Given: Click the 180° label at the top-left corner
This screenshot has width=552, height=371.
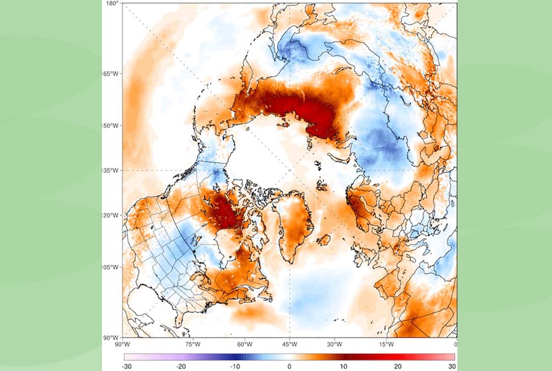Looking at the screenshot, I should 113,3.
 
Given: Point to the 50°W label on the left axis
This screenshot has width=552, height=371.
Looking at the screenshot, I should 113,125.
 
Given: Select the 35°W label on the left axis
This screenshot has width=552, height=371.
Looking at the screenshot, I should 113,171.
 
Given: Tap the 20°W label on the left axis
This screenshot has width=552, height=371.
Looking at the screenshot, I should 113,215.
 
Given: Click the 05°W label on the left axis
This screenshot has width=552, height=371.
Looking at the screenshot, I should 113,267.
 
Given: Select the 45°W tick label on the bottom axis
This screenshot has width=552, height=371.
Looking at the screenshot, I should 289,344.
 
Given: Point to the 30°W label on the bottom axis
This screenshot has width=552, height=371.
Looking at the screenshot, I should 334,344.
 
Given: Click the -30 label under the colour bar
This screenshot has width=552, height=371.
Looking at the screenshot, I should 126,366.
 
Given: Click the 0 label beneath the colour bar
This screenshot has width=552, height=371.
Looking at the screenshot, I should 289,366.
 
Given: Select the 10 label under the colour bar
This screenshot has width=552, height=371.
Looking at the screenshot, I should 343,366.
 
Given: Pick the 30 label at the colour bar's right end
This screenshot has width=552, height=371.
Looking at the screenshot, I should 451,366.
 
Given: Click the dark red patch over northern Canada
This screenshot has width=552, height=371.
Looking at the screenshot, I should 224,213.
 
